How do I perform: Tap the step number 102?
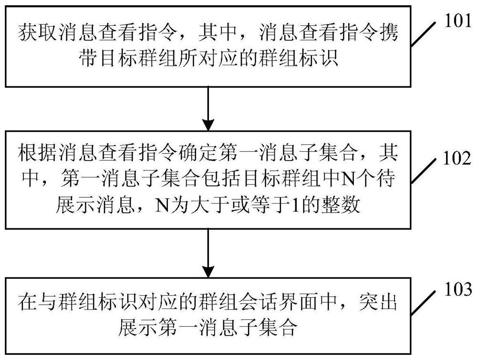click(x=457, y=158)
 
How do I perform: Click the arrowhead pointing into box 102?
click(x=208, y=124)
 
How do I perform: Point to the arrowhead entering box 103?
click(x=208, y=271)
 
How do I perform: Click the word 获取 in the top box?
click(x=38, y=32)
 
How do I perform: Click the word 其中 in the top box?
click(x=218, y=32)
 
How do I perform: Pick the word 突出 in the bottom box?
click(x=378, y=302)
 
